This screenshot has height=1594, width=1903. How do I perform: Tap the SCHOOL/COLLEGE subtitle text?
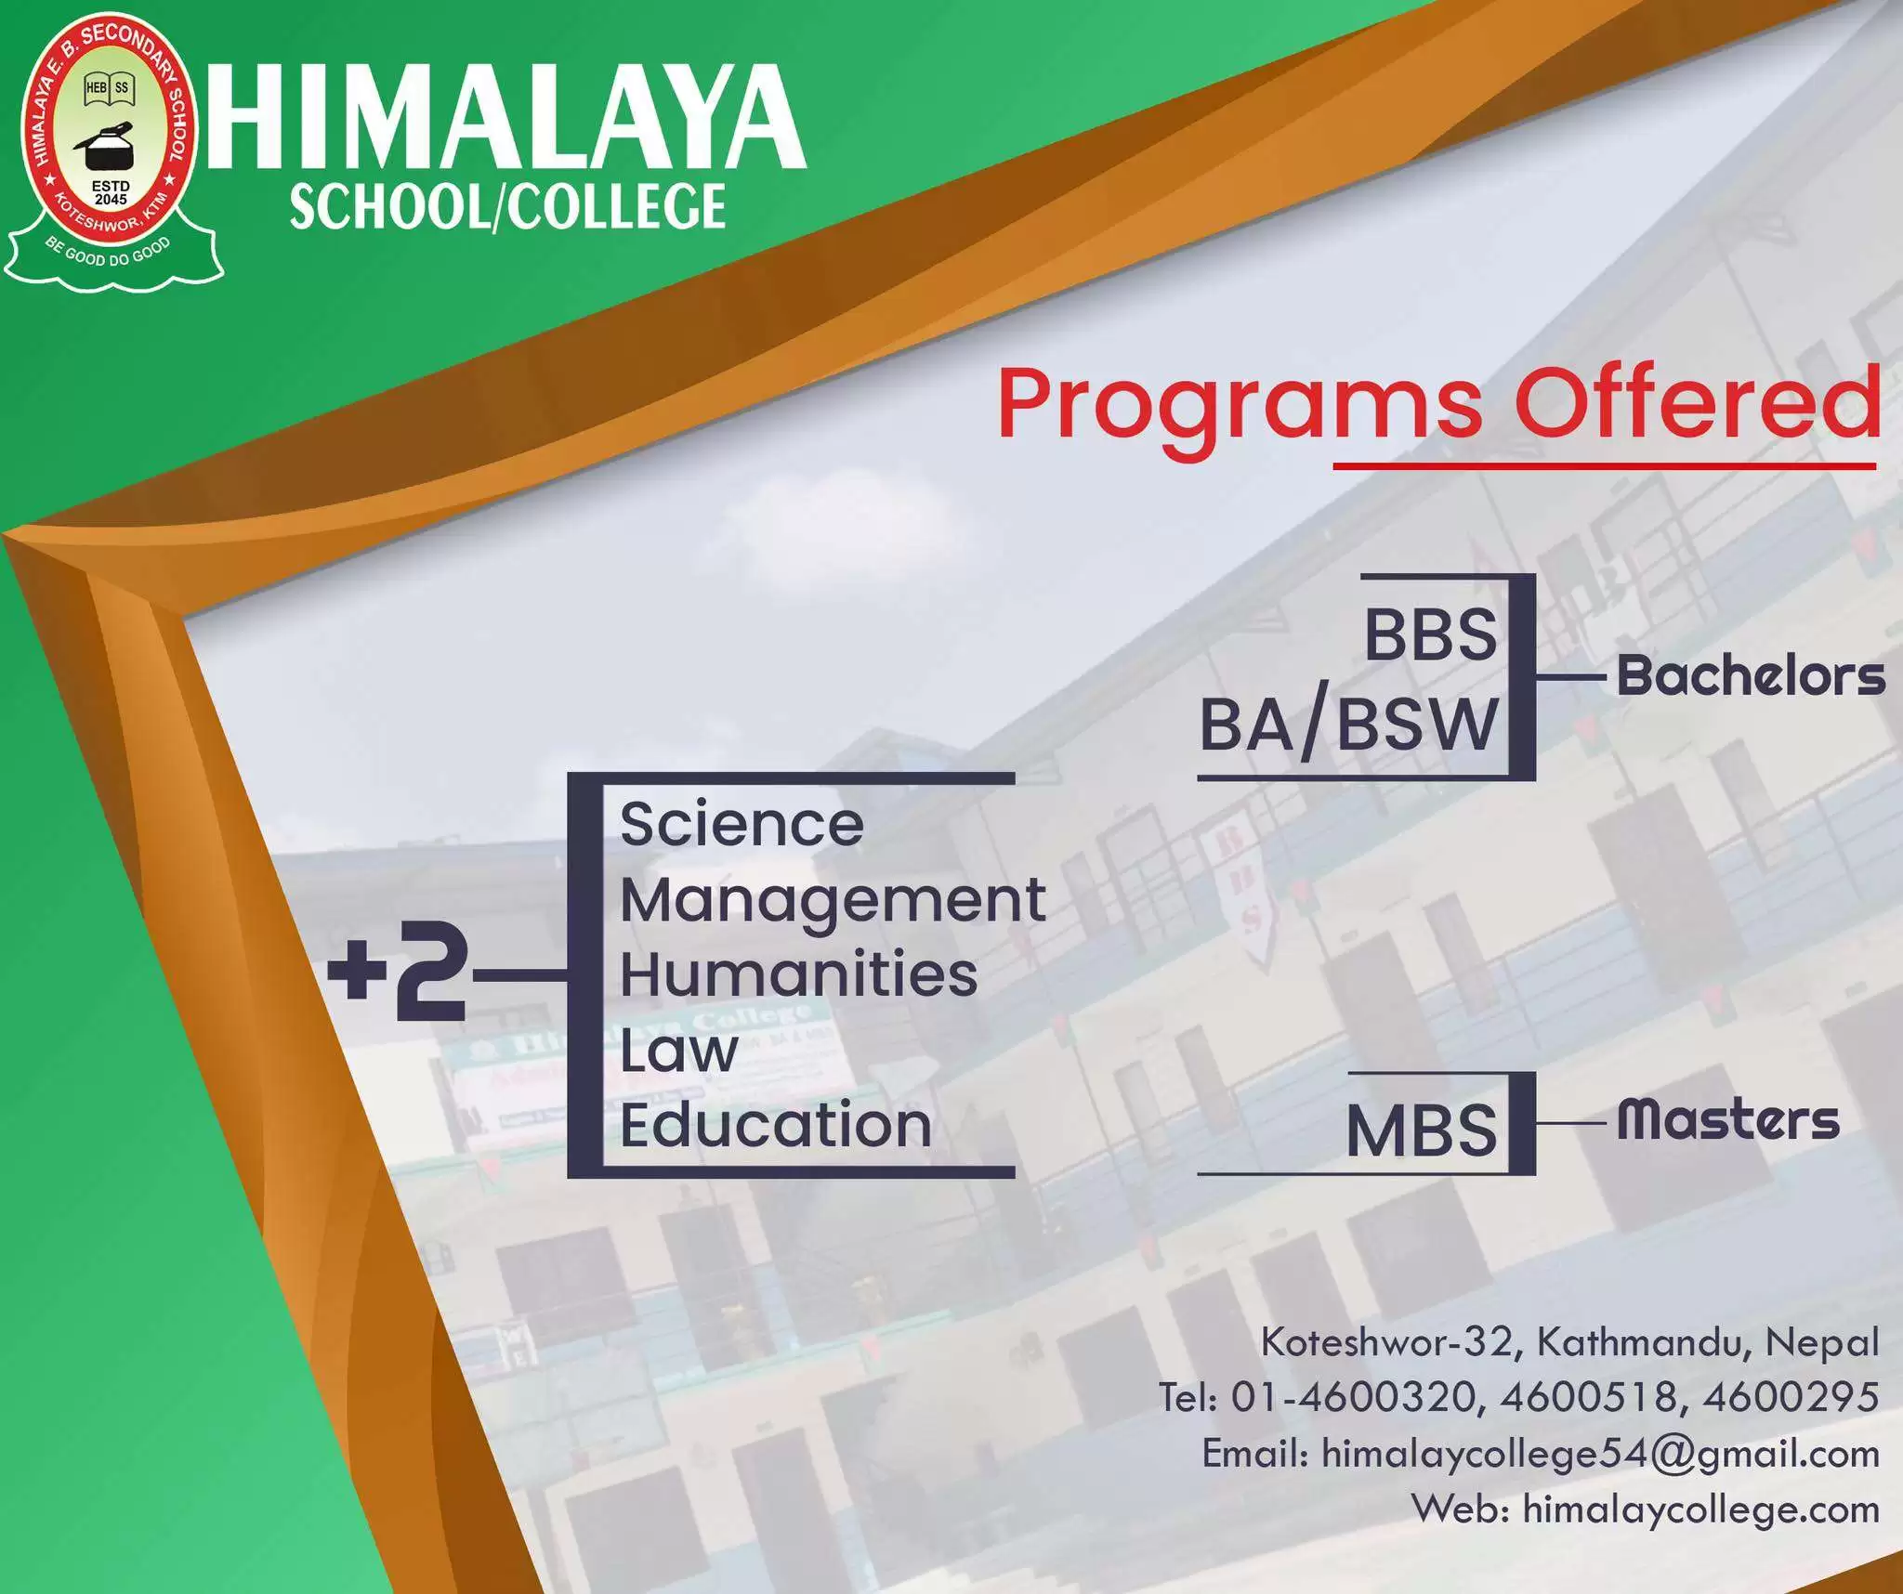pyautogui.click(x=507, y=206)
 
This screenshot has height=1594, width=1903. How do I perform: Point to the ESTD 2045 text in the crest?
pyautogui.click(x=111, y=192)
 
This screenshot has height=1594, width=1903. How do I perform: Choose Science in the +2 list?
pyautogui.click(x=742, y=825)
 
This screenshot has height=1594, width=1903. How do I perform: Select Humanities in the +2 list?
pyautogui.click(x=799, y=974)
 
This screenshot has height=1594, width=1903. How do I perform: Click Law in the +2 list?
pyautogui.click(x=678, y=1050)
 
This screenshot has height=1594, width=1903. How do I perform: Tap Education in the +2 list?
pyautogui.click(x=776, y=1125)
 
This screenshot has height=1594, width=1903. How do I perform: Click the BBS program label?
pyautogui.click(x=1431, y=635)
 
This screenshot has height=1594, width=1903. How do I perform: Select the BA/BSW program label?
pyautogui.click(x=1348, y=725)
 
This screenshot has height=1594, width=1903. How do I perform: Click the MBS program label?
pyautogui.click(x=1422, y=1131)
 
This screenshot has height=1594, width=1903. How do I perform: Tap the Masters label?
pyautogui.click(x=1728, y=1119)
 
